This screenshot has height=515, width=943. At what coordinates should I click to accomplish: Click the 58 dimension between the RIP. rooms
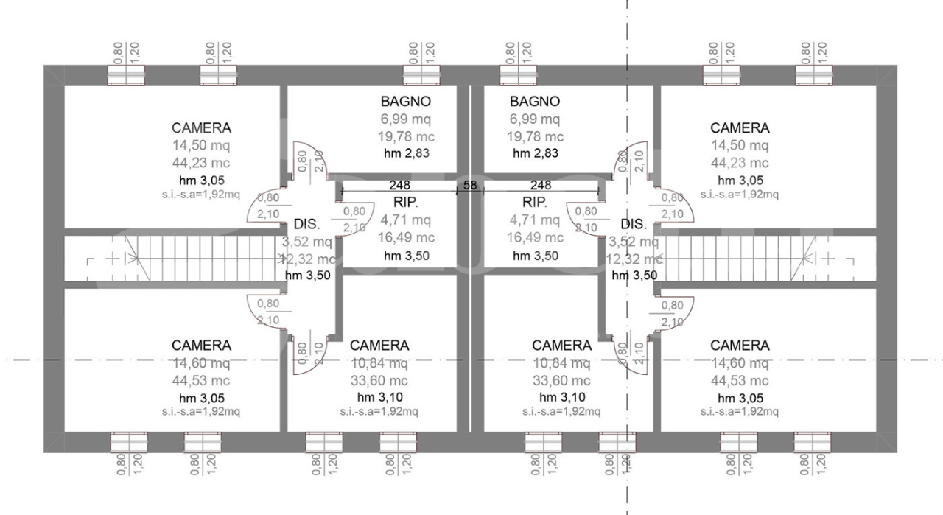tap(470, 185)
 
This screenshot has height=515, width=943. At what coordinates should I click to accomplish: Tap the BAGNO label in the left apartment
tap(405, 101)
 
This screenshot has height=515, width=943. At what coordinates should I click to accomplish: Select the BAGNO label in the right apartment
tap(535, 101)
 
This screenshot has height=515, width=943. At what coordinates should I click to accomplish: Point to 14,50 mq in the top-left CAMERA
tap(201, 145)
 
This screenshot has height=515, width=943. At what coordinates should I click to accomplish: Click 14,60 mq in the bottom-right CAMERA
tap(740, 363)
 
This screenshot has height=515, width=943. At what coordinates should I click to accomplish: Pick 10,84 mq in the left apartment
tap(379, 363)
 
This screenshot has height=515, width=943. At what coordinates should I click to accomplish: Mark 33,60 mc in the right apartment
tap(561, 381)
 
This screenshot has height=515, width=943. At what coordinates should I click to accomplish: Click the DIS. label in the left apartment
tap(306, 224)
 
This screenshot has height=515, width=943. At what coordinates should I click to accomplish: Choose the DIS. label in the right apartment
tap(634, 224)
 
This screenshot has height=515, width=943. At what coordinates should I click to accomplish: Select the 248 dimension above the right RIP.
tap(541, 185)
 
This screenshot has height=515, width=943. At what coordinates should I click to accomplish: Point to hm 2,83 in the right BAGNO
tap(535, 153)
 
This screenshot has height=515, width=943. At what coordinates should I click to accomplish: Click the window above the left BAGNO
tap(423, 75)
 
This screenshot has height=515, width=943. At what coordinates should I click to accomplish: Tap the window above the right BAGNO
tap(520, 75)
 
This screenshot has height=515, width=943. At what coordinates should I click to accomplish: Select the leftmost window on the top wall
tap(127, 75)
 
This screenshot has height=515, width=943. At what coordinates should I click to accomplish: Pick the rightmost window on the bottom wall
tap(813, 442)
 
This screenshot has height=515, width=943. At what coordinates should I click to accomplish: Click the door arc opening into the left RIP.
tap(348, 218)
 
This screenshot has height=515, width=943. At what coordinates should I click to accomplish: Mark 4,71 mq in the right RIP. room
tap(535, 220)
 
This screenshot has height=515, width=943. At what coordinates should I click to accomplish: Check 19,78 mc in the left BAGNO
tap(405, 136)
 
